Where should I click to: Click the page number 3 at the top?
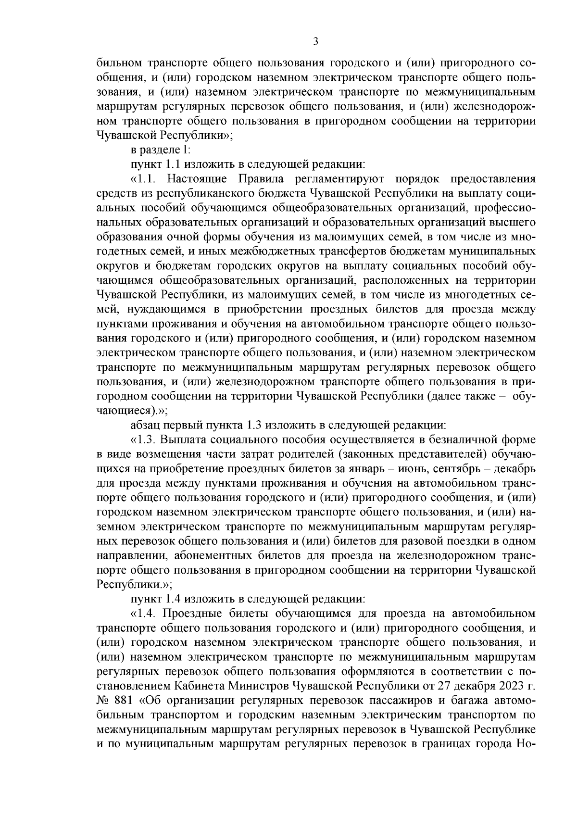(315, 42)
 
